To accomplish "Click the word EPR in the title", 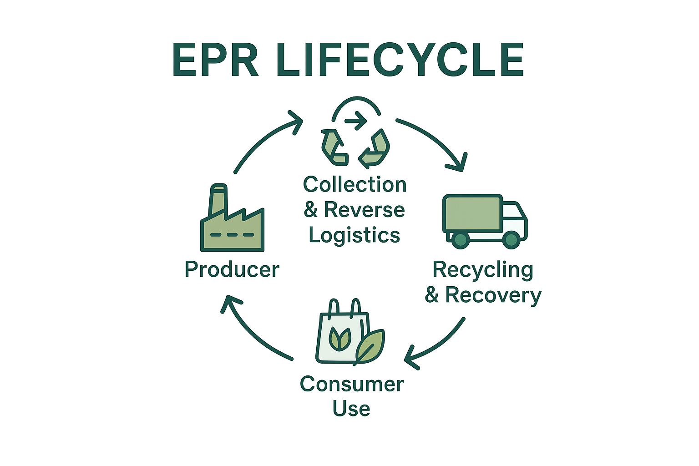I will pyautogui.click(x=216, y=60).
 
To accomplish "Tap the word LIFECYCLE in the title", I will pyautogui.click(x=400, y=60).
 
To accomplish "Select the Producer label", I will pyautogui.click(x=232, y=269).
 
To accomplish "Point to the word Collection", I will pyautogui.click(x=355, y=185).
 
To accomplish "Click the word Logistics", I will pyautogui.click(x=355, y=235).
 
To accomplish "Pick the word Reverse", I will pyautogui.click(x=364, y=210).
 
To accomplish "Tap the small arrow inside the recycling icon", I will pyautogui.click(x=355, y=121).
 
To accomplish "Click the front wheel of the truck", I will pyautogui.click(x=511, y=239).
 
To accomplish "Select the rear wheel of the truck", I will pyautogui.click(x=461, y=239).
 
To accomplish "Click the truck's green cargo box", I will pyautogui.click(x=472, y=213).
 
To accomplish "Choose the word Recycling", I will pyautogui.click(x=483, y=270).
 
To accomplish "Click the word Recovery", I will pyautogui.click(x=493, y=295).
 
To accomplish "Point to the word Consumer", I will pyautogui.click(x=352, y=384).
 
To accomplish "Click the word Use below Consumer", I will pyautogui.click(x=351, y=408).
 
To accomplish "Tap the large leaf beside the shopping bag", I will pyautogui.click(x=370, y=346).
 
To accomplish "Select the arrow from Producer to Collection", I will pyautogui.click(x=264, y=141).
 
